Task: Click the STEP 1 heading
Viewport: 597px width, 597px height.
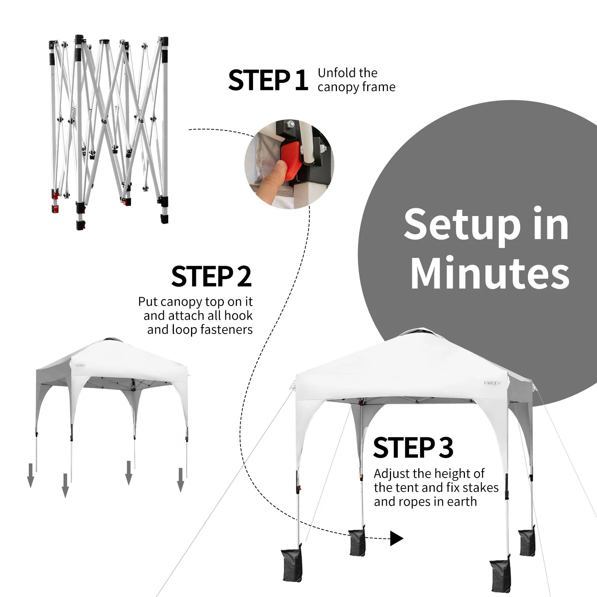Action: [268, 80]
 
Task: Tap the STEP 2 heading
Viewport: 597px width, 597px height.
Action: [212, 276]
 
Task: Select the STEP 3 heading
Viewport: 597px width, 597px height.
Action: [413, 447]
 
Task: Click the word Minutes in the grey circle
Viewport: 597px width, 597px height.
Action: [490, 273]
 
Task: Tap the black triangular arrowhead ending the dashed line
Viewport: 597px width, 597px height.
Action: [397, 538]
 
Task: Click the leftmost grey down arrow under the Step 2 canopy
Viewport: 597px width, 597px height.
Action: [31, 475]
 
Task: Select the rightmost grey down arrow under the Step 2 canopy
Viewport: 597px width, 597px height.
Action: [181, 480]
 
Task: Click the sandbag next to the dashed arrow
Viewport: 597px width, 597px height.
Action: [357, 541]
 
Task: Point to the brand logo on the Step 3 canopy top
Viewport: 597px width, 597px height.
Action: [493, 383]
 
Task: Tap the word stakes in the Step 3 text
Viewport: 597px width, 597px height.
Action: [480, 487]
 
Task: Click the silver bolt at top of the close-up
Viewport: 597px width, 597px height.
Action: [291, 124]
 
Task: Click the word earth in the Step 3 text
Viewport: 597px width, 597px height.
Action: [462, 501]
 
